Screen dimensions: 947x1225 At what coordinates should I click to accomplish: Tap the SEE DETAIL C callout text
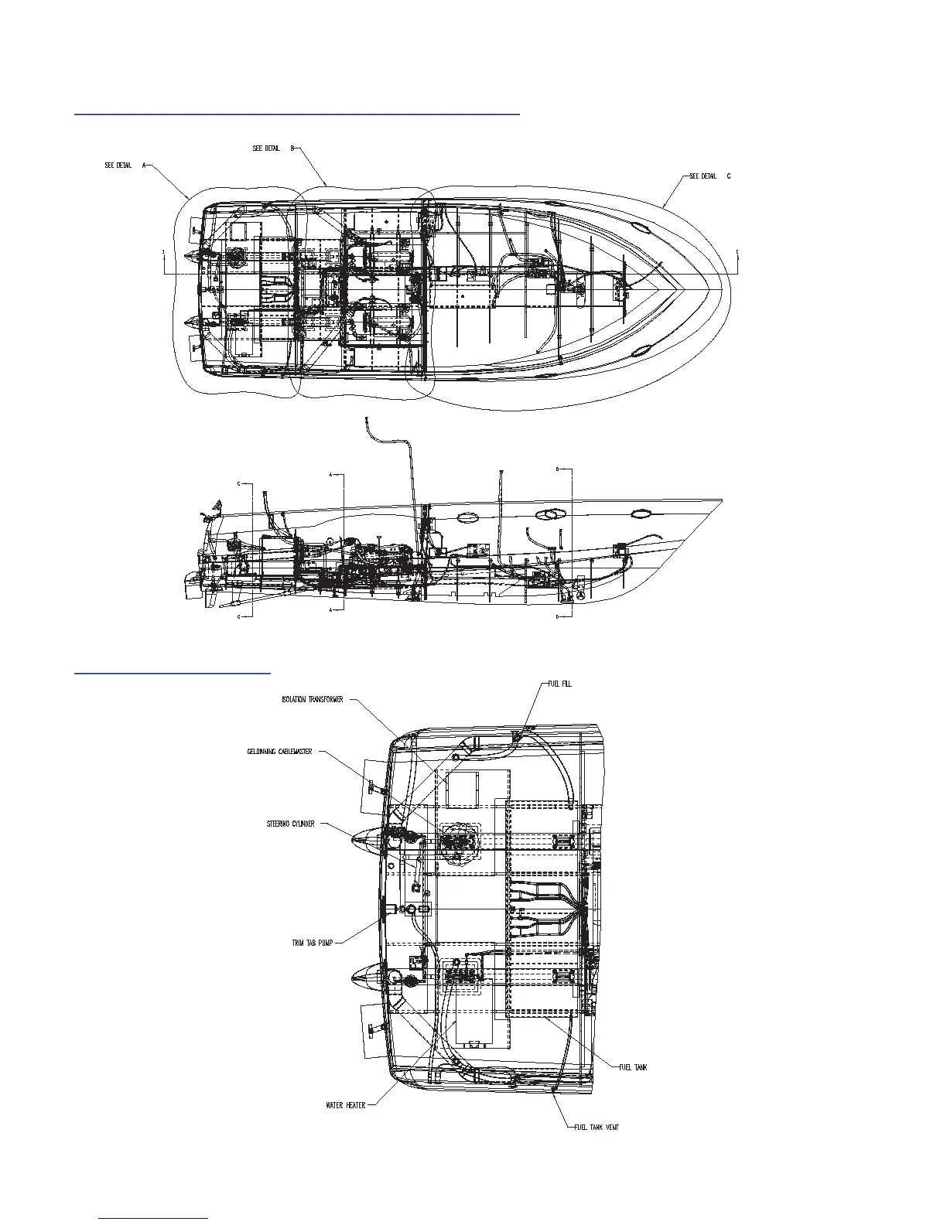[x=709, y=176]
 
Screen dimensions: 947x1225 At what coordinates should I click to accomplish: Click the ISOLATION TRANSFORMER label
[x=312, y=699]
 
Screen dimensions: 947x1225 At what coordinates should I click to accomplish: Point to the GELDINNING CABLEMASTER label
[x=280, y=752]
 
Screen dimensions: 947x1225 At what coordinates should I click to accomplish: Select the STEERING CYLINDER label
[x=291, y=824]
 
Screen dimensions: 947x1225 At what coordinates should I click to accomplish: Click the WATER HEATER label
[x=346, y=1105]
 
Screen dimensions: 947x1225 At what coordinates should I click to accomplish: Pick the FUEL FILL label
[x=559, y=684]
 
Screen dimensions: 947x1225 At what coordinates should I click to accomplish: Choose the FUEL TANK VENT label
[x=597, y=1127]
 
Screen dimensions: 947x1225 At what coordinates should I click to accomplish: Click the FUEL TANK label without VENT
[x=633, y=1067]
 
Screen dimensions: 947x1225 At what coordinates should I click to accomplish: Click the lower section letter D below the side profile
[x=558, y=617]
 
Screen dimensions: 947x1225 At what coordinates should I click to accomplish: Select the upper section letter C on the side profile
[x=239, y=484]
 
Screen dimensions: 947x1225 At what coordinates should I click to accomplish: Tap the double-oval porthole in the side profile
[x=550, y=514]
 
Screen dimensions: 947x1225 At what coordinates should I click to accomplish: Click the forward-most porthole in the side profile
[x=641, y=512]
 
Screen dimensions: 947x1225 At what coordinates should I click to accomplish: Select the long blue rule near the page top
[x=296, y=113]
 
